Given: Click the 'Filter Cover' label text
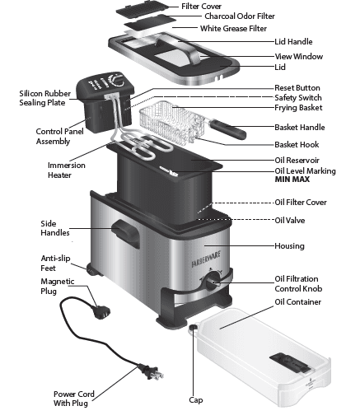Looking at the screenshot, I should pyautogui.click(x=201, y=6).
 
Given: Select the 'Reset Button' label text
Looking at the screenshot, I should pyautogui.click(x=297, y=87).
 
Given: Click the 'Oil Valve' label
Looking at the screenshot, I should pyautogui.click(x=290, y=220).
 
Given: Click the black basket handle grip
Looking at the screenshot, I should pyautogui.click(x=227, y=128).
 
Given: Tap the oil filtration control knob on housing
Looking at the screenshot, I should pyautogui.click(x=213, y=283).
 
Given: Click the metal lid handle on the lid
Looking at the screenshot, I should pyautogui.click(x=190, y=56).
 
